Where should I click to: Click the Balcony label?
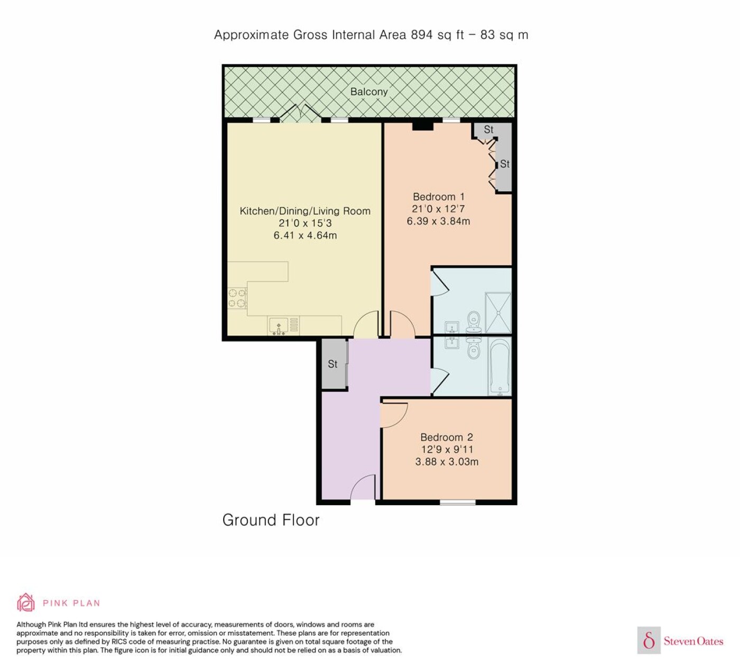369,91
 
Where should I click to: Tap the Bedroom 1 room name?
438,197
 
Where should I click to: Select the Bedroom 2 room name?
446,437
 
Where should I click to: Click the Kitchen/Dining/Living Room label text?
305,211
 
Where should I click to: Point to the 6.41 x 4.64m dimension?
305,235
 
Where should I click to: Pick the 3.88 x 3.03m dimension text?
447,461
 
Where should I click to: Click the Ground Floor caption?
271,520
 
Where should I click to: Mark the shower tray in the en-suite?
498,313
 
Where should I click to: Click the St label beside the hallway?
332,364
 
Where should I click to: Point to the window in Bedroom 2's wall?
457,502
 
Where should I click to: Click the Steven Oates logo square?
649,640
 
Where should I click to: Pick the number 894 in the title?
422,35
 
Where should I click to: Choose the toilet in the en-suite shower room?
474,322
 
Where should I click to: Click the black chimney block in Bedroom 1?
422,126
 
